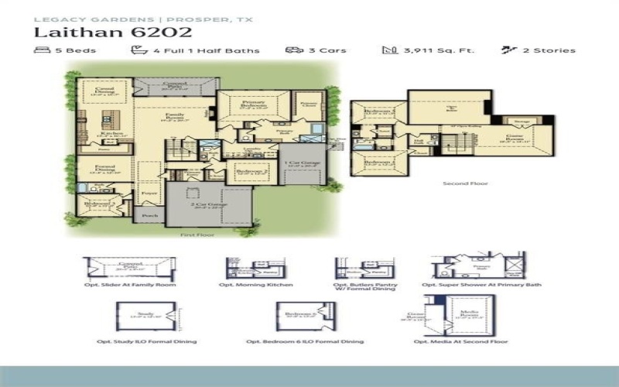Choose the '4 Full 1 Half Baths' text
(205, 51)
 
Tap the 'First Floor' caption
(197, 234)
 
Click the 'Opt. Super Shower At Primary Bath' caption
(481, 285)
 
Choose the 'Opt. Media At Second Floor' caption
(460, 341)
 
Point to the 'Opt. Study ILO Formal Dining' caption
(147, 341)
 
